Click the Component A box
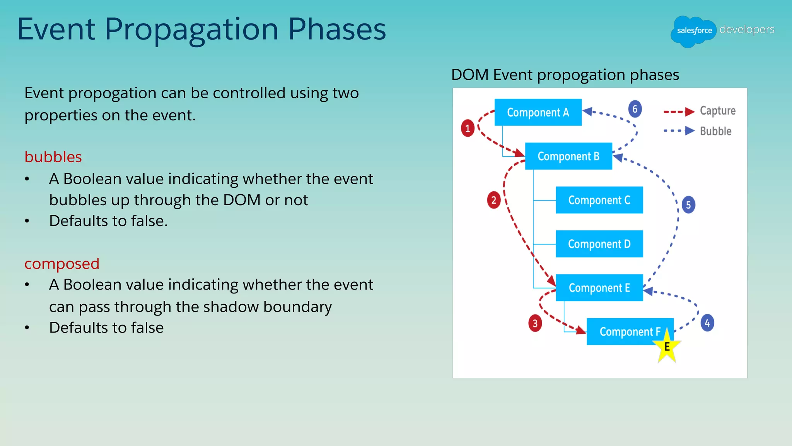pos(538,112)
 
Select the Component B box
pos(568,156)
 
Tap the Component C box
pos(599,200)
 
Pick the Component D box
pos(599,244)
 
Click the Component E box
pos(599,288)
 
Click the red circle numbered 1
pos(468,128)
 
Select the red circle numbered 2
pos(493,200)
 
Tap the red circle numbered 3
pos(535,323)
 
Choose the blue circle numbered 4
pos(707,323)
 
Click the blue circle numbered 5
pos(688,205)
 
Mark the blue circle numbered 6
pos(635,109)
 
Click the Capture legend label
pos(717,111)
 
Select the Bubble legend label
pos(715,131)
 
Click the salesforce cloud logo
pos(694,31)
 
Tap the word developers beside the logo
pos(747,29)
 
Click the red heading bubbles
pos(53,157)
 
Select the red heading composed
pos(62,264)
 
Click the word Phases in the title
pos(337,29)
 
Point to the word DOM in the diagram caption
pos(470,75)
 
